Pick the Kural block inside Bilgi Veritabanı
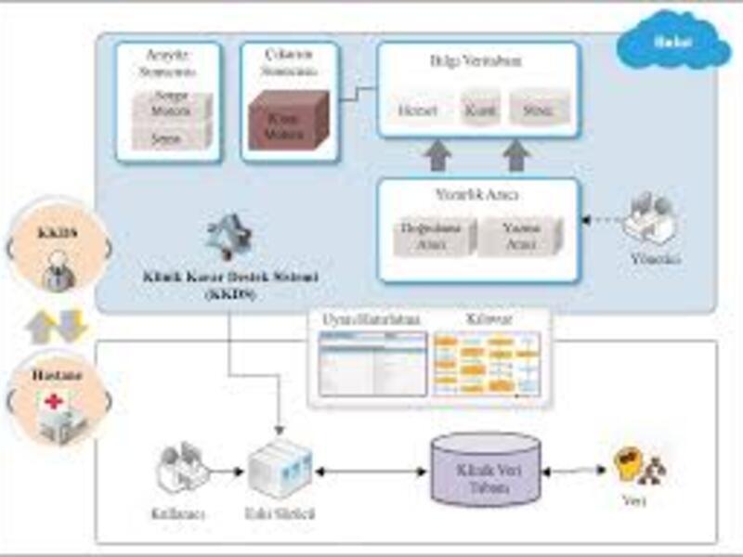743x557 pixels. [480, 110]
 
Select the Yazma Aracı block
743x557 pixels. [520, 235]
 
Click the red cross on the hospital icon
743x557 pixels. [57, 402]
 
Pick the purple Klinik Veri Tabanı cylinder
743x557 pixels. [486, 470]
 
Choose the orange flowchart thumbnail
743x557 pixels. [487, 362]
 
